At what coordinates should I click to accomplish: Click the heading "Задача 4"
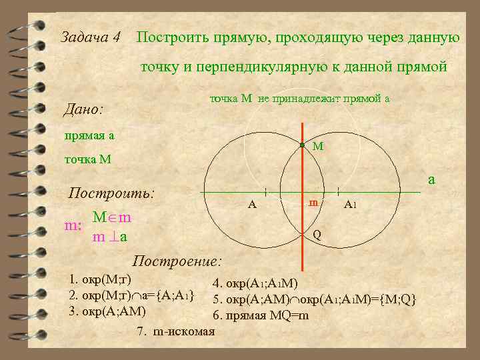(x=90, y=37)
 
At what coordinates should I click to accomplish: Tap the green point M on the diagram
(x=301, y=145)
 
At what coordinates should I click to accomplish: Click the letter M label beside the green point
(x=317, y=146)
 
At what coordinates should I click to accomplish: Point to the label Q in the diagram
(x=317, y=235)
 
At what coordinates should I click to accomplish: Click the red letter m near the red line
(x=313, y=202)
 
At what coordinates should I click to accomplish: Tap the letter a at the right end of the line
(x=431, y=179)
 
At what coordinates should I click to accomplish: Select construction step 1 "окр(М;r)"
(x=101, y=279)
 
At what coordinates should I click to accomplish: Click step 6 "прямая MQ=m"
(x=261, y=315)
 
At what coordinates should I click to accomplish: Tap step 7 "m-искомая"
(x=175, y=331)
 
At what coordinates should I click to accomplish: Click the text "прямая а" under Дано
(x=89, y=135)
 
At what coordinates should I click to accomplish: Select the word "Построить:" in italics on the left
(x=112, y=194)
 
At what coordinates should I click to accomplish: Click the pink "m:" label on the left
(x=73, y=225)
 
